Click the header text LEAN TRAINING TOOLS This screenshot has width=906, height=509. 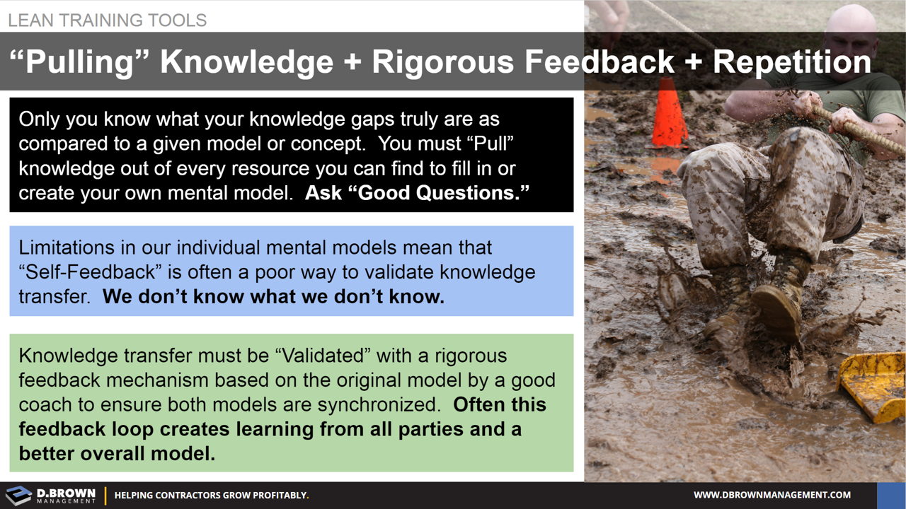click(x=108, y=20)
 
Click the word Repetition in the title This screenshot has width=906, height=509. click(x=791, y=62)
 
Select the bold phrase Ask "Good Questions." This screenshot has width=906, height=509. click(x=417, y=193)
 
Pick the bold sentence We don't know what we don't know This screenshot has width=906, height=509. click(x=273, y=297)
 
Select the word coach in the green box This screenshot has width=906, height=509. click(x=45, y=405)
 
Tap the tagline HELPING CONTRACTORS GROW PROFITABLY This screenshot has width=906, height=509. click(x=211, y=496)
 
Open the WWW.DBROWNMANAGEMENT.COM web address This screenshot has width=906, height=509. click(x=772, y=495)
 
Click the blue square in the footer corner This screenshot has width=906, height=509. click(x=890, y=496)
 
